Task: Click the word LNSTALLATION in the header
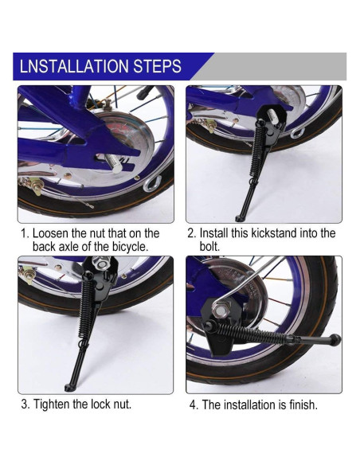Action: point(74,66)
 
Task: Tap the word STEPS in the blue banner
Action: point(157,66)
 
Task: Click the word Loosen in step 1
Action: point(50,233)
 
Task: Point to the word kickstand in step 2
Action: point(273,233)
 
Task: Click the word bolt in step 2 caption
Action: point(209,247)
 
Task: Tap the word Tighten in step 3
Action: point(51,404)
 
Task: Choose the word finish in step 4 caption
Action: point(303,404)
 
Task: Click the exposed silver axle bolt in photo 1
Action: point(114,164)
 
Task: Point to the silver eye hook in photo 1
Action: point(152,184)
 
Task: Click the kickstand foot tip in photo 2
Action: point(238,219)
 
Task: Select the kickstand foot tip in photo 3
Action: point(68,388)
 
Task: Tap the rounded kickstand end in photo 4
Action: point(335,340)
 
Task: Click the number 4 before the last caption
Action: point(193,405)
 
